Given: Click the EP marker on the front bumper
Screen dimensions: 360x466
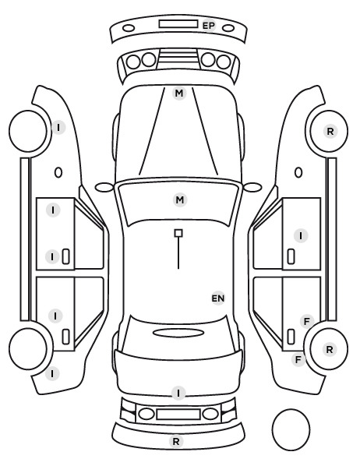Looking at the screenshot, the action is click(209, 26).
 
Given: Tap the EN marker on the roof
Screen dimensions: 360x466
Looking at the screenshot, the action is click(218, 298).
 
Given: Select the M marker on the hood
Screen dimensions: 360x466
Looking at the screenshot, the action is click(179, 93).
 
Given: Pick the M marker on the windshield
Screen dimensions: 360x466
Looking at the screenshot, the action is click(180, 200).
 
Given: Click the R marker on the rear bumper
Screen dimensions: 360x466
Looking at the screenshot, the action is click(176, 441).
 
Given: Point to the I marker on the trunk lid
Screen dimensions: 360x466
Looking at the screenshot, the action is click(178, 394).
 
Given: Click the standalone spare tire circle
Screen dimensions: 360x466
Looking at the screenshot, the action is click(291, 429).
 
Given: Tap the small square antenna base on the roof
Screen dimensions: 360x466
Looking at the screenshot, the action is click(178, 233).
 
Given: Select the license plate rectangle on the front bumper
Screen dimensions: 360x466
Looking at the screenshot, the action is click(178, 24).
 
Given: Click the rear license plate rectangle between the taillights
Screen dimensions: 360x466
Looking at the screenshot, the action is click(178, 414).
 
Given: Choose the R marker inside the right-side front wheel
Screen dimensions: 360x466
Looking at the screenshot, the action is click(330, 131).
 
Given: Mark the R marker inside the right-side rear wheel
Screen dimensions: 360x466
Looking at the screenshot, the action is click(330, 349).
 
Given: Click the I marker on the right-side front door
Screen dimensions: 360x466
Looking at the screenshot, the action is click(301, 236).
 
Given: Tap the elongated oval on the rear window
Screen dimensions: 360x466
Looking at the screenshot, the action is click(178, 333).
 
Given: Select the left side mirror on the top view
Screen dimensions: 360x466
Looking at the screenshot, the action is click(104, 187).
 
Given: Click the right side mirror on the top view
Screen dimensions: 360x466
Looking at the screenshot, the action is click(252, 187).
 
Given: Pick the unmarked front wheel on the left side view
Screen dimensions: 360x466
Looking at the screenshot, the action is click(28, 132).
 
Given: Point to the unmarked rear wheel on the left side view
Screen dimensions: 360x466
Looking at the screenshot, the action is click(28, 349).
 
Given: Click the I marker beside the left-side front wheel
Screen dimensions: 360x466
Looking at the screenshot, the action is click(58, 128).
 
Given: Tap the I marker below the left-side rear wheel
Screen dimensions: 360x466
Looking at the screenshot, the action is click(52, 373).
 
